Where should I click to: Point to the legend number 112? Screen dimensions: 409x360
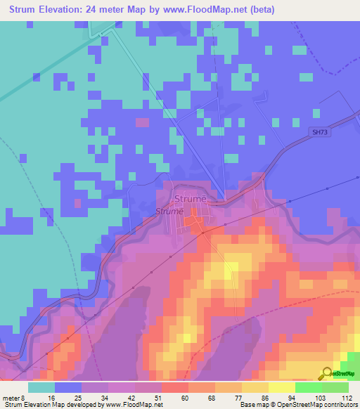coord(347,397)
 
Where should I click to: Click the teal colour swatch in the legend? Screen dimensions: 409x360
coord(41,387)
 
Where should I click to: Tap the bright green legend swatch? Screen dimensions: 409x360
coord(309,387)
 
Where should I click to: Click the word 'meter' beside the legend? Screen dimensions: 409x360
coord(11,397)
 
